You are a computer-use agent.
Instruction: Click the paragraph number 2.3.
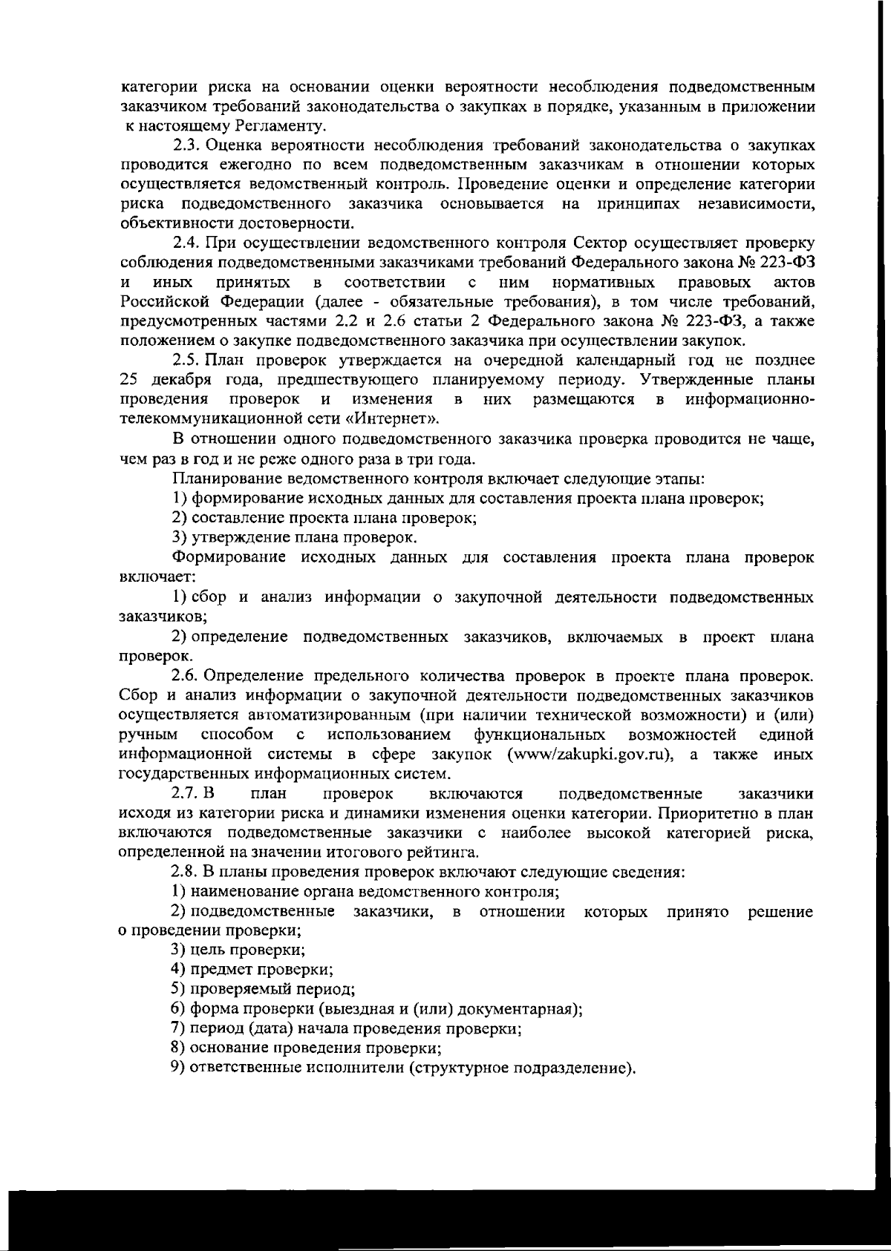(x=186, y=145)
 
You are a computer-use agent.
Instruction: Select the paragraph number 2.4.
(x=186, y=243)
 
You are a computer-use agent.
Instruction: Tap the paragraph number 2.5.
(x=186, y=361)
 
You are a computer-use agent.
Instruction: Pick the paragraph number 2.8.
(x=186, y=872)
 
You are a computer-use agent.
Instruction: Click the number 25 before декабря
(x=130, y=380)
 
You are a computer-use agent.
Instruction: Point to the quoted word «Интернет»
(x=390, y=418)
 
